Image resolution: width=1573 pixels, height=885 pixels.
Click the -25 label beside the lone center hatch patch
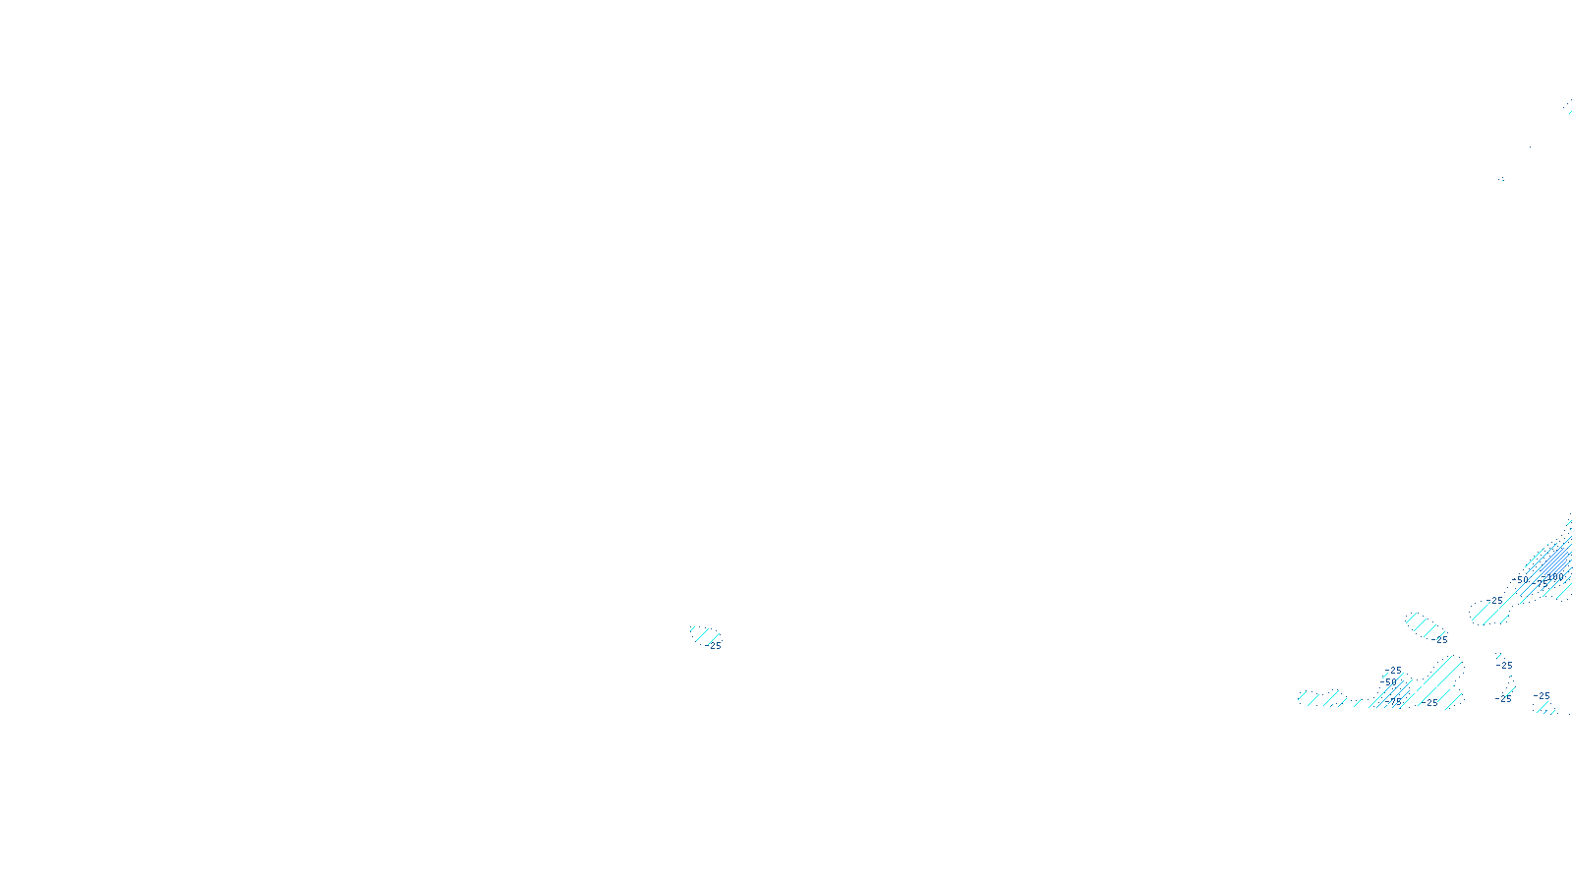coord(715,646)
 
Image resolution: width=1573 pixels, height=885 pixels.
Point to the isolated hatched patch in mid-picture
coord(702,635)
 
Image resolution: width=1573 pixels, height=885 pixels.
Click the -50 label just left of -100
coord(1521,580)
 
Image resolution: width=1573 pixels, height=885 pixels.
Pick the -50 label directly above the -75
coord(1388,681)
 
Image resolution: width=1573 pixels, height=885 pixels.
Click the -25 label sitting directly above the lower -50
coord(1394,671)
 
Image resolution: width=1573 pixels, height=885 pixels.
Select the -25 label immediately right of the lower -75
coord(1429,702)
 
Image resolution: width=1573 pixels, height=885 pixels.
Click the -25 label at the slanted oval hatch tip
coord(1440,639)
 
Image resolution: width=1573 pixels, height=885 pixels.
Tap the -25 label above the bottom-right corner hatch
coord(1543,696)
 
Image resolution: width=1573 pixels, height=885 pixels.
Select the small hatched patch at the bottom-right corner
coord(1546,708)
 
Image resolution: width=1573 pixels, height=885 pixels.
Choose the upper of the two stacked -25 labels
coord(1504,665)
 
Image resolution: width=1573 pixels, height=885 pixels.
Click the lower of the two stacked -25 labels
coord(1503,698)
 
